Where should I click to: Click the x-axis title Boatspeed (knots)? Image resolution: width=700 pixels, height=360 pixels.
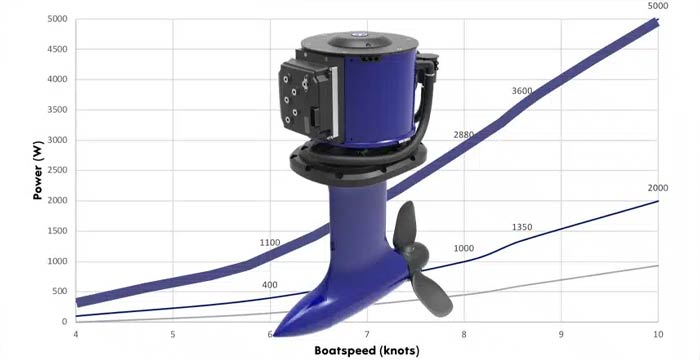pos(366,350)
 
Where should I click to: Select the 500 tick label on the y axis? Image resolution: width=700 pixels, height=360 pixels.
pos(60,291)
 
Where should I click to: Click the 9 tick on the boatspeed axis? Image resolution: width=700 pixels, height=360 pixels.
pos(561,333)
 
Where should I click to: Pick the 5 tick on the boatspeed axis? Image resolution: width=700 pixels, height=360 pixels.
pos(173,333)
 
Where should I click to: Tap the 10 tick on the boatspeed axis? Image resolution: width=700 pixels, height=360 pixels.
pos(657,333)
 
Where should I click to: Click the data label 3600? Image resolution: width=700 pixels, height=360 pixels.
pos(522,92)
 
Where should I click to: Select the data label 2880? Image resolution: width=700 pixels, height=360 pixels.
pos(464,135)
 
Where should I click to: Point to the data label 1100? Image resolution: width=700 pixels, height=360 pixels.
pos(270,243)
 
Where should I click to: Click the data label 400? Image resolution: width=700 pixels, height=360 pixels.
pos(269,286)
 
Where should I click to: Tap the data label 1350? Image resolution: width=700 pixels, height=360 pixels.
pos(523,228)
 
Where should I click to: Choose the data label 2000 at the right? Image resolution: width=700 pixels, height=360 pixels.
pos(658,188)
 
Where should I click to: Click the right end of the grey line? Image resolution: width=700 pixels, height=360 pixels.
pos(656,265)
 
